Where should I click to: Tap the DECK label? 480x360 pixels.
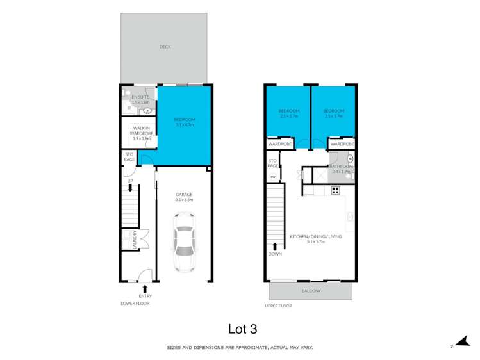(x=166, y=47)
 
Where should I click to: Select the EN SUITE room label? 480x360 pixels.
(x=140, y=97)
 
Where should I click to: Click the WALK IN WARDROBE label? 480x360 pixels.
(x=140, y=133)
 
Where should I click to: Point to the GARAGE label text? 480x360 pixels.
(x=184, y=194)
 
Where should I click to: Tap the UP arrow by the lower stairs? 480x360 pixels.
(x=130, y=188)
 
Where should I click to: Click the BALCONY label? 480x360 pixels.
(x=311, y=291)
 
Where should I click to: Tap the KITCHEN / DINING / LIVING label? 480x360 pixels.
(x=316, y=236)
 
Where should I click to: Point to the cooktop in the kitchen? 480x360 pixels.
(x=335, y=190)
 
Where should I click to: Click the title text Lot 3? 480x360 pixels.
(x=242, y=329)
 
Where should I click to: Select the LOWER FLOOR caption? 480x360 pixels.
(x=135, y=304)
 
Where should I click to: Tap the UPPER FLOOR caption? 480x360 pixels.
(x=278, y=306)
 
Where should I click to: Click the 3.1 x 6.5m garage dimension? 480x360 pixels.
(x=184, y=200)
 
